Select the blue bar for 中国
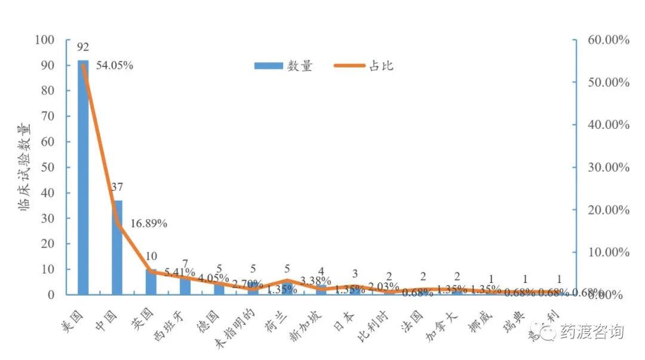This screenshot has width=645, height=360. (117, 247)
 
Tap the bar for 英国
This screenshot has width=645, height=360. (151, 282)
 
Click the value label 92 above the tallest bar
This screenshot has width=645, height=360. (83, 47)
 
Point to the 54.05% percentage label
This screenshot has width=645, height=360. (115, 66)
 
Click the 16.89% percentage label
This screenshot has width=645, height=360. (149, 224)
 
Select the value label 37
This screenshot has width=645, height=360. (117, 187)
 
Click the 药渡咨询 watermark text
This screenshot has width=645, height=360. (592, 332)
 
